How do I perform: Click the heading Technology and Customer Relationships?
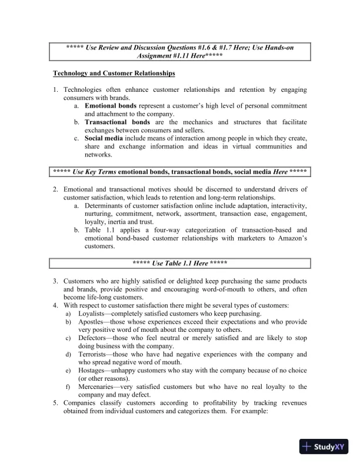point(114,74)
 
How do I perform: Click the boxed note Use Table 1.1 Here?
point(180,263)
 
